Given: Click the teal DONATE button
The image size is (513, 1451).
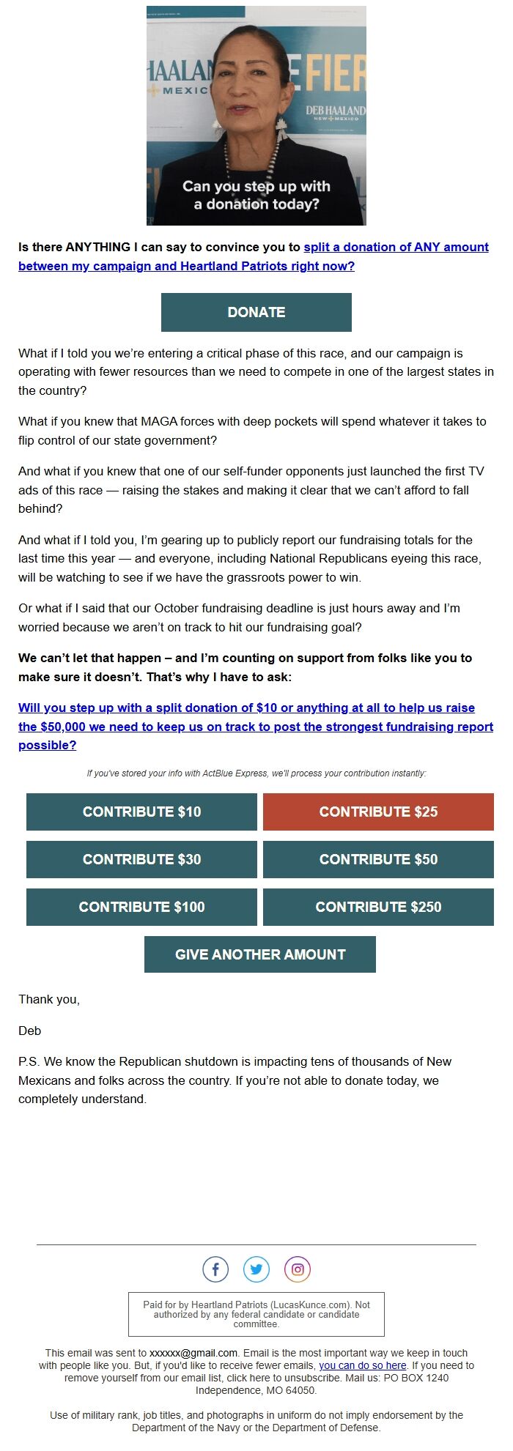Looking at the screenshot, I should point(256,312).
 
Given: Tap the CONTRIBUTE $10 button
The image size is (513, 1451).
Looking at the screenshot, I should point(141,812).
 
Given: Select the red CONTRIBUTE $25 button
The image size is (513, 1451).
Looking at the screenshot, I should point(378,812).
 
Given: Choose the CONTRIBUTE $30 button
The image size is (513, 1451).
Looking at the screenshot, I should point(141,859).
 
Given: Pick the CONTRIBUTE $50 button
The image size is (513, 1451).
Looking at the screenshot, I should point(378,859).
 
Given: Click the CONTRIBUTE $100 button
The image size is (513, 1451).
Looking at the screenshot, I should point(141,907).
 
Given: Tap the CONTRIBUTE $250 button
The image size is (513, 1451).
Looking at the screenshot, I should point(378,907).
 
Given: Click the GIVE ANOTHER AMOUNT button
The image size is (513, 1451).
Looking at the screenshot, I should point(260,954).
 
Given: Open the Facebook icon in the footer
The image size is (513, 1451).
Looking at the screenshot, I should point(215,1269).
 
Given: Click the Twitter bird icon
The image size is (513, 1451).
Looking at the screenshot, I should point(256,1269).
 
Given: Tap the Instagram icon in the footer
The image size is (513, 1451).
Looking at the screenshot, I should point(298,1269).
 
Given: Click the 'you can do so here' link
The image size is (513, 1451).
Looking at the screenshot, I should point(362,1365).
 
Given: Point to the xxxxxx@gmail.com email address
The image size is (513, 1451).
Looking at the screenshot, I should point(193,1353).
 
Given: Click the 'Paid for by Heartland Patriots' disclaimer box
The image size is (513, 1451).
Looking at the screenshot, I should point(256,1314).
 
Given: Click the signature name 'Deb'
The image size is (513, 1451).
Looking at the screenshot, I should point(30,1031).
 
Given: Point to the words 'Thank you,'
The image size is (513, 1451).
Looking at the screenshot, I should point(49,999).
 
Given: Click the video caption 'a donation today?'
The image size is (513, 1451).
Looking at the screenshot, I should point(256,204).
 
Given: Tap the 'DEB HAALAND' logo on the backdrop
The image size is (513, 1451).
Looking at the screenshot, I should point(336,112).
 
